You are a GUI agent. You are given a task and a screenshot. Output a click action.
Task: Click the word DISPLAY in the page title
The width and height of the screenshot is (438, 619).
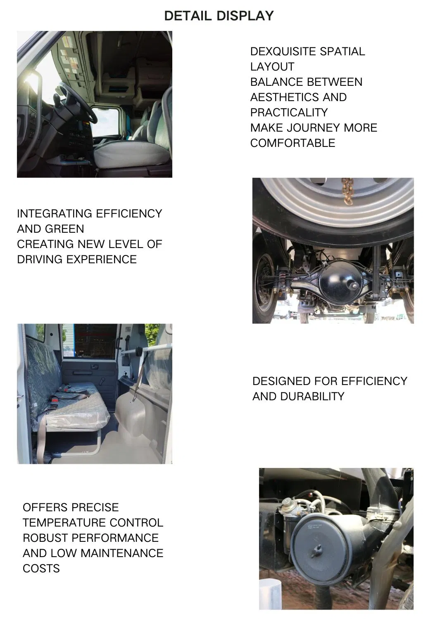click(245, 16)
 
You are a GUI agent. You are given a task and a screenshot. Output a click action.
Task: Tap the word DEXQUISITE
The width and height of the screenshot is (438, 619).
click(283, 52)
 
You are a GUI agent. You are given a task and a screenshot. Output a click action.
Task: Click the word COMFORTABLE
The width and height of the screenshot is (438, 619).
click(293, 143)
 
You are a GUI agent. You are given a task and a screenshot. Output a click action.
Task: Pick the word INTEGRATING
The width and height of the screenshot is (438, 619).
click(55, 214)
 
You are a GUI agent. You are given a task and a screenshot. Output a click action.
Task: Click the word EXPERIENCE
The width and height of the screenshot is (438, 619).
click(102, 260)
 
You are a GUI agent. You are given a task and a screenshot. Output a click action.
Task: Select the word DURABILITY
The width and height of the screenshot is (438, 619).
click(312, 397)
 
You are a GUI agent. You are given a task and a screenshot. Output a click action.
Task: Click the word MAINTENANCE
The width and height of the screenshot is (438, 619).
click(122, 553)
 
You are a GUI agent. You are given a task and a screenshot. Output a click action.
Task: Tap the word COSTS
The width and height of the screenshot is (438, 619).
click(41, 569)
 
